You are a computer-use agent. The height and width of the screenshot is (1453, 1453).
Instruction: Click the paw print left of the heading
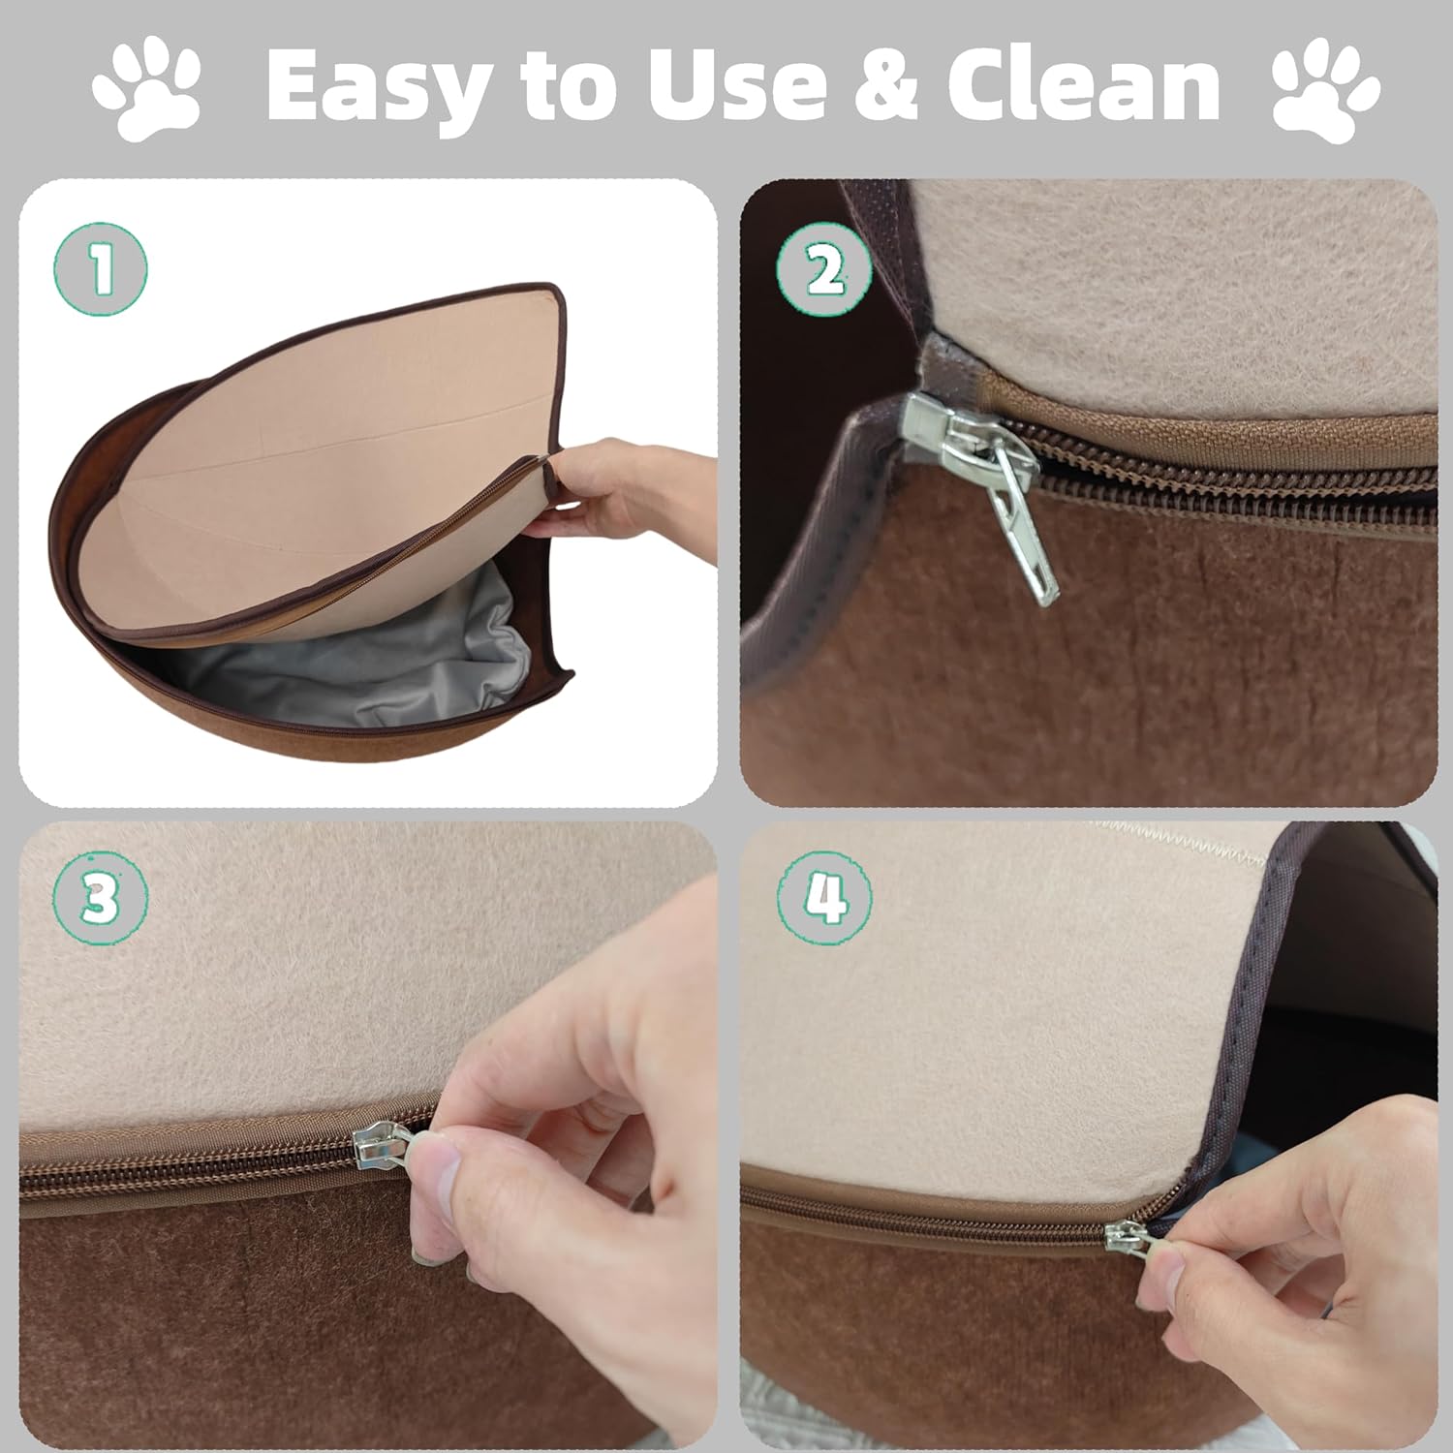tap(147, 92)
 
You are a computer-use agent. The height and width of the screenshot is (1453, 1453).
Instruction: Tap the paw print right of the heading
tap(1324, 92)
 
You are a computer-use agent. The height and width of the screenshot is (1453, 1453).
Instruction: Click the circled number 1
tap(101, 268)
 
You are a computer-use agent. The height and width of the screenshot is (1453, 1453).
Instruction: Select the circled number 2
tap(823, 268)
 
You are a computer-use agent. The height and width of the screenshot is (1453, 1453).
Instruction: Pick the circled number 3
tap(101, 898)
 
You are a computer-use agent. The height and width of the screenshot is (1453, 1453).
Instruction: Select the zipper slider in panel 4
tap(1124, 1236)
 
